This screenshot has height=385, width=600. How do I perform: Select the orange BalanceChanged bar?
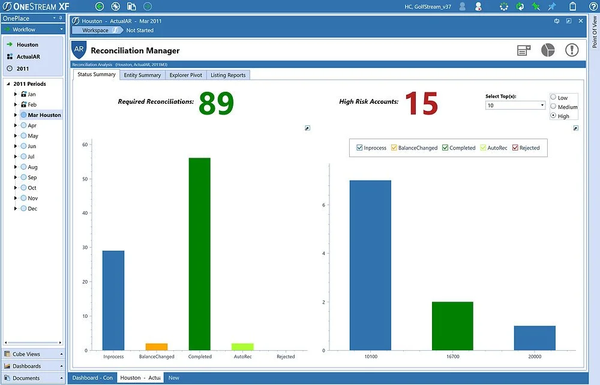click(x=157, y=347)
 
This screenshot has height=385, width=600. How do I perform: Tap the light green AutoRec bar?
click(x=242, y=347)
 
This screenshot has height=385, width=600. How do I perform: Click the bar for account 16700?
click(x=452, y=326)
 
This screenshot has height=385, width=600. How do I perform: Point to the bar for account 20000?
click(x=535, y=338)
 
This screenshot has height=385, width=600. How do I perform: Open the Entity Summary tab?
click(x=142, y=75)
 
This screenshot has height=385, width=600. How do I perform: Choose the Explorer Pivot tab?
click(x=186, y=75)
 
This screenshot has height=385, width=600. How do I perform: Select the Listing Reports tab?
click(x=228, y=75)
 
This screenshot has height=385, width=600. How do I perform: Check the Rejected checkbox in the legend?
click(x=515, y=148)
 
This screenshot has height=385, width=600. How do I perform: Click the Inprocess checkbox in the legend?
click(x=359, y=148)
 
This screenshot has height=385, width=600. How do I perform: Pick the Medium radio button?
click(x=553, y=107)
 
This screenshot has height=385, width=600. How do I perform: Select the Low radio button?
click(x=553, y=97)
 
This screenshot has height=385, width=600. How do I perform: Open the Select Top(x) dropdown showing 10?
click(x=515, y=106)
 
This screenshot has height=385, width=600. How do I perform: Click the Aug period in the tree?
click(x=32, y=167)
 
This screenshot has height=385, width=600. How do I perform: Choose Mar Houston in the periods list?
click(x=44, y=115)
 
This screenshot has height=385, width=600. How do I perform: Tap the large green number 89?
click(x=216, y=103)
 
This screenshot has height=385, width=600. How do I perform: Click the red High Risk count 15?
click(x=421, y=103)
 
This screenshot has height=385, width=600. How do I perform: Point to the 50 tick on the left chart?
click(x=85, y=179)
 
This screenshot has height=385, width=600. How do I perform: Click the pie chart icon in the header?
click(x=548, y=50)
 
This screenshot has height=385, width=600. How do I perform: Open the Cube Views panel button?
click(x=33, y=354)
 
